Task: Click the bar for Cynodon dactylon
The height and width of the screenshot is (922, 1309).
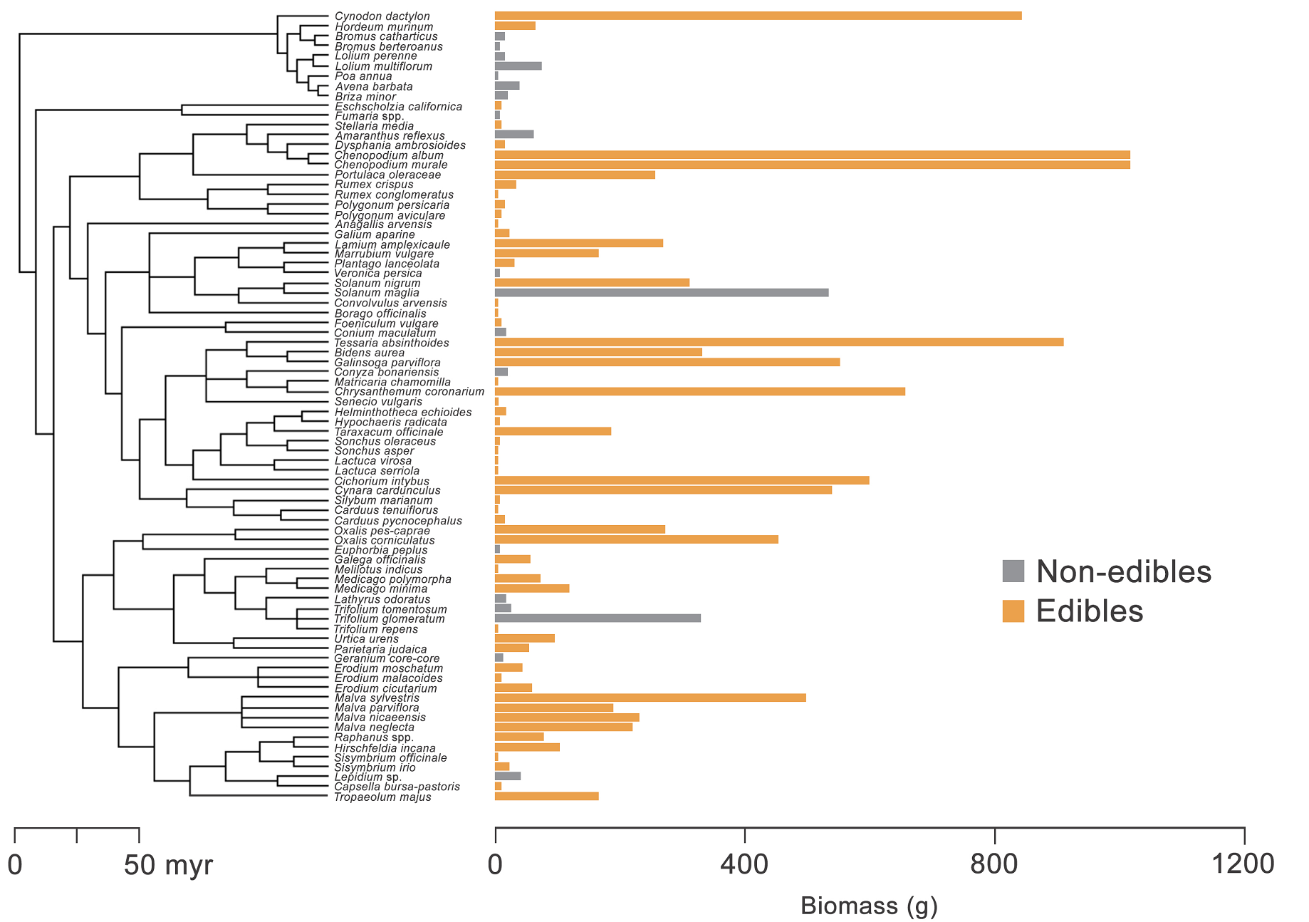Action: coord(758,16)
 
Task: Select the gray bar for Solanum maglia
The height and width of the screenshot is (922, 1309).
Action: coord(661,293)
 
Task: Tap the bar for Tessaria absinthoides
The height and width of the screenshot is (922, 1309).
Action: coord(778,342)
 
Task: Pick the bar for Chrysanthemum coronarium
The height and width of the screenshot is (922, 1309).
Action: coord(699,391)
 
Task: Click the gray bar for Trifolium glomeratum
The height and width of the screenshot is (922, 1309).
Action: coord(597,618)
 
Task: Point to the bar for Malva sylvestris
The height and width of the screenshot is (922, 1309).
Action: coord(650,698)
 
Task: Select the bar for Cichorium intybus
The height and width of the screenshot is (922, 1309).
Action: coord(682,480)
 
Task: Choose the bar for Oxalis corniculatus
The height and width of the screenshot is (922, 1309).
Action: coord(636,539)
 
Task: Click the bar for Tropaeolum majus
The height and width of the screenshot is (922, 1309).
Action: coord(546,796)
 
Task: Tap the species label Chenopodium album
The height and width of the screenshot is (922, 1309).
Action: coord(389,155)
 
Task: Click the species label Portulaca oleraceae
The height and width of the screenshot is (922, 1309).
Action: coord(387,175)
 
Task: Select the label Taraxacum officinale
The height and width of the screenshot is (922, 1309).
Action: coord(389,432)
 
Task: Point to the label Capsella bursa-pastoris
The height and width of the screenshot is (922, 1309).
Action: coord(397,787)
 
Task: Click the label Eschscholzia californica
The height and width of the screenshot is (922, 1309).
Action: coord(398,107)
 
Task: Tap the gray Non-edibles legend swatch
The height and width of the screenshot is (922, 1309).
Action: coord(1013,571)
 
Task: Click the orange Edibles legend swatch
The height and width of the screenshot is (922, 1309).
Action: coord(1013,611)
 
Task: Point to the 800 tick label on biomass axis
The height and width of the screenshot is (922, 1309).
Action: coord(994,864)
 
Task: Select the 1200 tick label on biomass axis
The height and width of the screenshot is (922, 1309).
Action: coord(1244,864)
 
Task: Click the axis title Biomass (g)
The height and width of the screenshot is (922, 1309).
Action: coord(869,906)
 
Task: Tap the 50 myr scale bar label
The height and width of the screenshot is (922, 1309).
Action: coord(168,866)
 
